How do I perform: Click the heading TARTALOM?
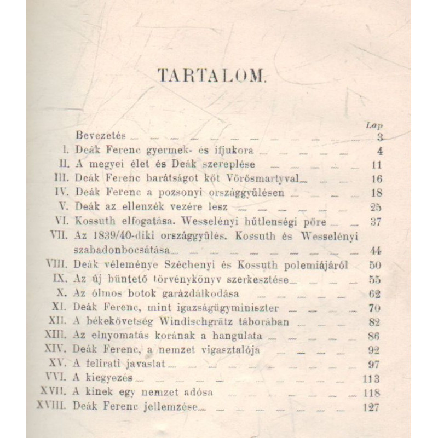coord(211,76)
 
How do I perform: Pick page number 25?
coord(376,208)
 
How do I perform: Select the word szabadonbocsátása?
coord(123,250)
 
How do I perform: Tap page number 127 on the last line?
coord(372,407)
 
